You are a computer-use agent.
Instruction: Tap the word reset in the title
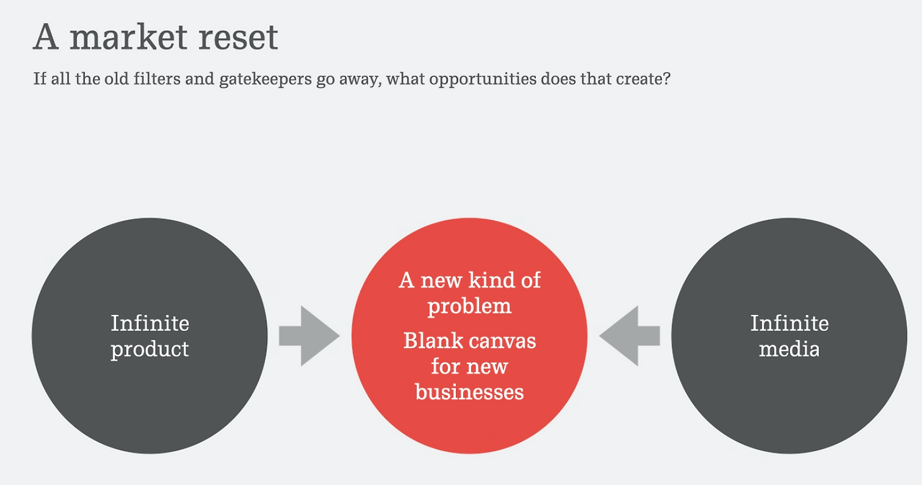pyautogui.click(x=238, y=38)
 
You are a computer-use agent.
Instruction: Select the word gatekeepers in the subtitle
pyautogui.click(x=266, y=79)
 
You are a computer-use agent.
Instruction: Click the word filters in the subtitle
pyautogui.click(x=157, y=79)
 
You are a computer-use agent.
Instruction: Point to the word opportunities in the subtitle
pyautogui.click(x=483, y=79)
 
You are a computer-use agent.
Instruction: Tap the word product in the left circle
pyautogui.click(x=150, y=350)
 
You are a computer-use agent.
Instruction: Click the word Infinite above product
pyautogui.click(x=150, y=323)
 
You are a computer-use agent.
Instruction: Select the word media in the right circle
pyautogui.click(x=789, y=349)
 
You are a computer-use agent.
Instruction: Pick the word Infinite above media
pyautogui.click(x=789, y=323)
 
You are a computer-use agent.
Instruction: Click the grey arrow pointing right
pyautogui.click(x=309, y=336)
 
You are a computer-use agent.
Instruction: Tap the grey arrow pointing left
pyautogui.click(x=630, y=336)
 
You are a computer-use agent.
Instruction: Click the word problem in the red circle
pyautogui.click(x=470, y=307)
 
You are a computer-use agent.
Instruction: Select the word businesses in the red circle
pyautogui.click(x=469, y=391)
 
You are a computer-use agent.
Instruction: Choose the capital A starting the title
pyautogui.click(x=45, y=37)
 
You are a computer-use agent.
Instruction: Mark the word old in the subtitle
pyautogui.click(x=117, y=79)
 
